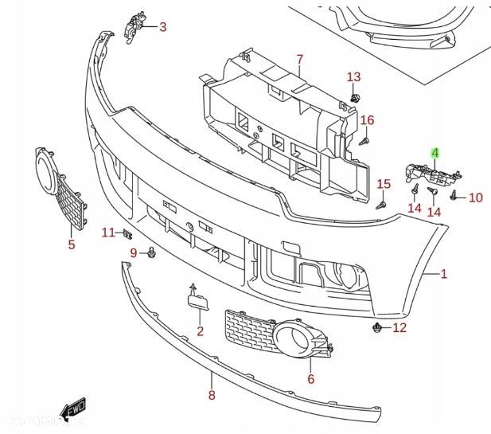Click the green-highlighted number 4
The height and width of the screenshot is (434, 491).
[435, 152]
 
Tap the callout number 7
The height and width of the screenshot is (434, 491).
[300, 59]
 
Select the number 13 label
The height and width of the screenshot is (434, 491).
[353, 76]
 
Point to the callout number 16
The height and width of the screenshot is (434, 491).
[367, 120]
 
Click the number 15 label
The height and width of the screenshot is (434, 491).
[384, 184]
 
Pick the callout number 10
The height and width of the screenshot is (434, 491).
[475, 197]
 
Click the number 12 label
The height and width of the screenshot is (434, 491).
[399, 327]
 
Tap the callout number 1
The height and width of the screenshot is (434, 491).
[443, 275]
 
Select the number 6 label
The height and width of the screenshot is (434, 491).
[310, 379]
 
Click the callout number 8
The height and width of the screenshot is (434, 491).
[212, 394]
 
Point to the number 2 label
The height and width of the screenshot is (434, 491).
[201, 330]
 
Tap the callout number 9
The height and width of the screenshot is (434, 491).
[134, 253]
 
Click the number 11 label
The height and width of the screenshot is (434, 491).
[108, 233]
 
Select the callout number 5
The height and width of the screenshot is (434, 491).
[71, 244]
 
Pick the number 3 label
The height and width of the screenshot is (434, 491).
[162, 27]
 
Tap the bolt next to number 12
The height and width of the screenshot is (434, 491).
[378, 327]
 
